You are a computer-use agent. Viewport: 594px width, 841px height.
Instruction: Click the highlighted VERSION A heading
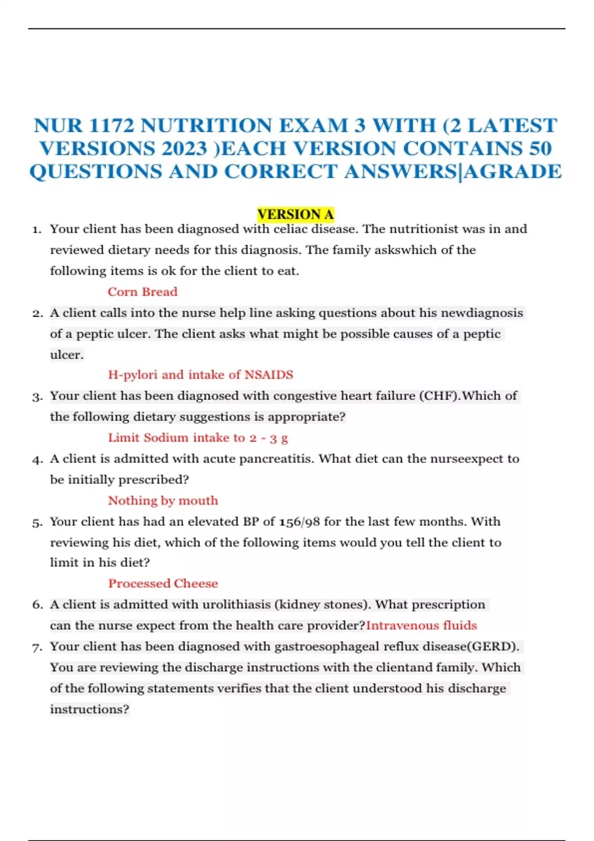[296, 214]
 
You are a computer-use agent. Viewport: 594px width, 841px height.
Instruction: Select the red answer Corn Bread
[143, 292]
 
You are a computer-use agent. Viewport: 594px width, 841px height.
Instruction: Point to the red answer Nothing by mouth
[163, 501]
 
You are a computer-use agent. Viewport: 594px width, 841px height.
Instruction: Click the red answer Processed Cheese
[163, 584]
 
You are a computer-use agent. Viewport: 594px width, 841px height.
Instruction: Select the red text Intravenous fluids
[421, 625]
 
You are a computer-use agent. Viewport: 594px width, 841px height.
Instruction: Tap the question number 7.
[37, 647]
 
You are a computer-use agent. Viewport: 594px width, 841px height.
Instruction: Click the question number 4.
[37, 460]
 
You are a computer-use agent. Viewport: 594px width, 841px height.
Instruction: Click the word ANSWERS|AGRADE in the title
[453, 172]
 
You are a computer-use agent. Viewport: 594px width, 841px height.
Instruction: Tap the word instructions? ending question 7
[90, 709]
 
